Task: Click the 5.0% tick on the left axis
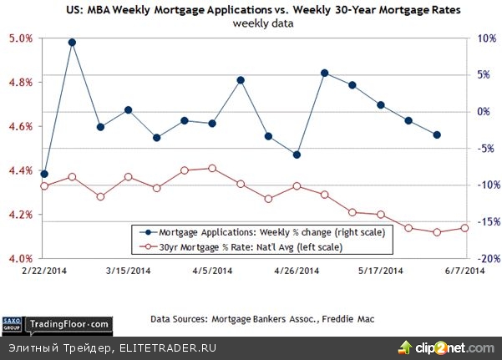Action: coord(21,38)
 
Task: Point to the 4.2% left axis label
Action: coord(21,215)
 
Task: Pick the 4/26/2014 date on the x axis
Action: coord(297,271)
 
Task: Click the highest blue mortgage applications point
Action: coord(72,42)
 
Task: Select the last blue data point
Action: coord(437,134)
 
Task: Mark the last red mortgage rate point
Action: coord(465,227)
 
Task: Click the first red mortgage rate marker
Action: coord(43,185)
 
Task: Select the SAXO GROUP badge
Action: coord(13,322)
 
